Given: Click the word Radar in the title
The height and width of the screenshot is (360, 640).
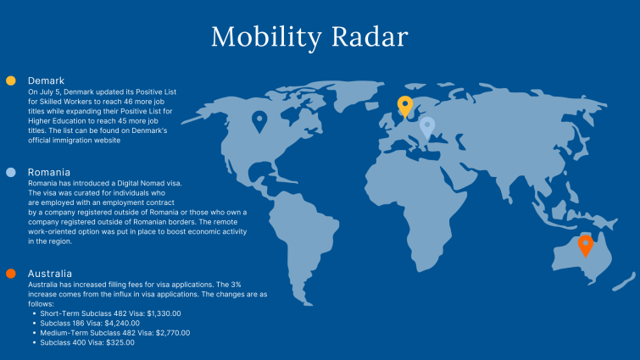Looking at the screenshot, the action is (370, 36).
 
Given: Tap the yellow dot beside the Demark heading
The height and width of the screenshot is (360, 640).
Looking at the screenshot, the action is (11, 80).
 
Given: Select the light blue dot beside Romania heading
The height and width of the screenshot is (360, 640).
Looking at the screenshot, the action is (11, 172).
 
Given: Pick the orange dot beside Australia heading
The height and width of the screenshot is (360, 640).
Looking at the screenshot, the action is (11, 274).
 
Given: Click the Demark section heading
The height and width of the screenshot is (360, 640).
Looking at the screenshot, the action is (46, 80).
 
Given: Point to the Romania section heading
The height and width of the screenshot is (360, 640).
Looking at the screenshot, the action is (49, 172).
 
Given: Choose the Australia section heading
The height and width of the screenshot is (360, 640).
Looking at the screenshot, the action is (50, 274).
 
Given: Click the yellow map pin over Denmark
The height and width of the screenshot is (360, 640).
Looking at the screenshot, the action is (405, 107).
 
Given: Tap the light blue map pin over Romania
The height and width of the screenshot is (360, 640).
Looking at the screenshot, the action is (427, 128).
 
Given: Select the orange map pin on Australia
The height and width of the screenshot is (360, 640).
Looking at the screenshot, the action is (586, 246).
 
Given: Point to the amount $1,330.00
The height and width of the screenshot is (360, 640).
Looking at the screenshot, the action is (164, 313).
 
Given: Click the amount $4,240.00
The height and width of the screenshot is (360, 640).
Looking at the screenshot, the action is (122, 324).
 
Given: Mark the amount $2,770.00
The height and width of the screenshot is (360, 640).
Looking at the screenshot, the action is (173, 333).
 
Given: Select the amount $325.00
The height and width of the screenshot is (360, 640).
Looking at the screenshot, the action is (120, 342).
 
